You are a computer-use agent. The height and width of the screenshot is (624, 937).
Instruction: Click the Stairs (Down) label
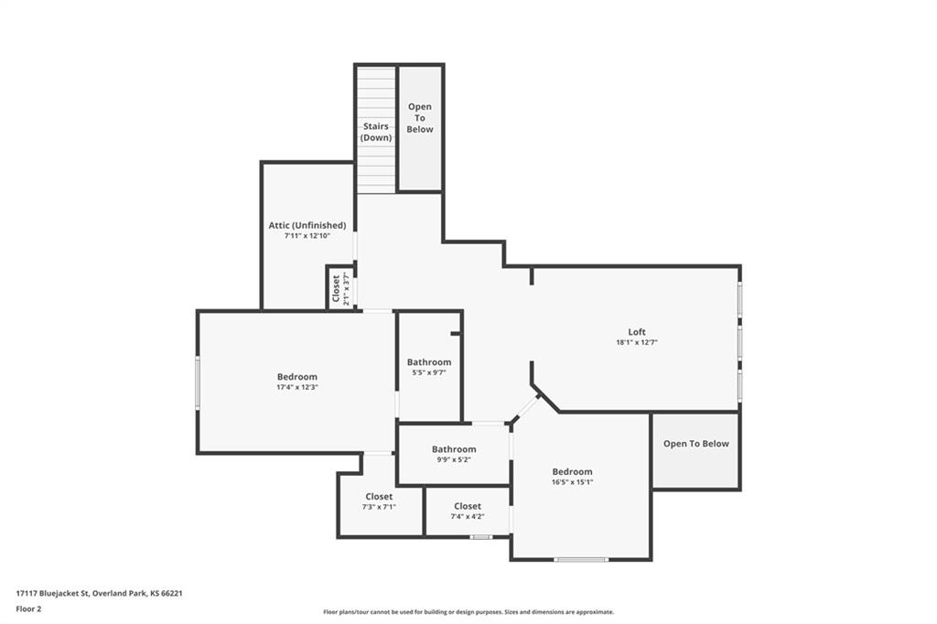tap(376, 132)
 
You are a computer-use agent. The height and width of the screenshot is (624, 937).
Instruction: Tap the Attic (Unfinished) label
tap(307, 225)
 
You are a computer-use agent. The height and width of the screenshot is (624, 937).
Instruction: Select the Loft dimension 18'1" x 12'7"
tap(636, 342)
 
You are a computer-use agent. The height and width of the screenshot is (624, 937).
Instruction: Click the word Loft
tap(636, 331)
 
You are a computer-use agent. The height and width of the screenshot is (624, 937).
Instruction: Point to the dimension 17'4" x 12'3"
tap(297, 387)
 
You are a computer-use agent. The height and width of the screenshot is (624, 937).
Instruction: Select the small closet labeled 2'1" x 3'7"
tap(340, 288)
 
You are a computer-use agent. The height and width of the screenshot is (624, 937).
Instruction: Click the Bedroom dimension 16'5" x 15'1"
tap(572, 482)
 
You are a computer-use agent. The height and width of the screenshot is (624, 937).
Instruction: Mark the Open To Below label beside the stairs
tap(420, 118)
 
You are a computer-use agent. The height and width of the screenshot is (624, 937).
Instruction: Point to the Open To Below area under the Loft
tap(695, 444)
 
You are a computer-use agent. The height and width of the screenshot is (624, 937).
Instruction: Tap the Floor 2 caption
tap(28, 608)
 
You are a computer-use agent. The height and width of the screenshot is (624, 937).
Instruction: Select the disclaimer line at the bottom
tap(468, 612)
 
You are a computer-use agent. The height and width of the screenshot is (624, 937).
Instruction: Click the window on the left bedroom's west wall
tap(197, 382)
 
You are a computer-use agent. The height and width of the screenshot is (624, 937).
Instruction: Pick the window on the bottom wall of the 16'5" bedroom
tap(580, 559)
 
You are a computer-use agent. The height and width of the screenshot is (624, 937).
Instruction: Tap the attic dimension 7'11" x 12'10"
tap(307, 236)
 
